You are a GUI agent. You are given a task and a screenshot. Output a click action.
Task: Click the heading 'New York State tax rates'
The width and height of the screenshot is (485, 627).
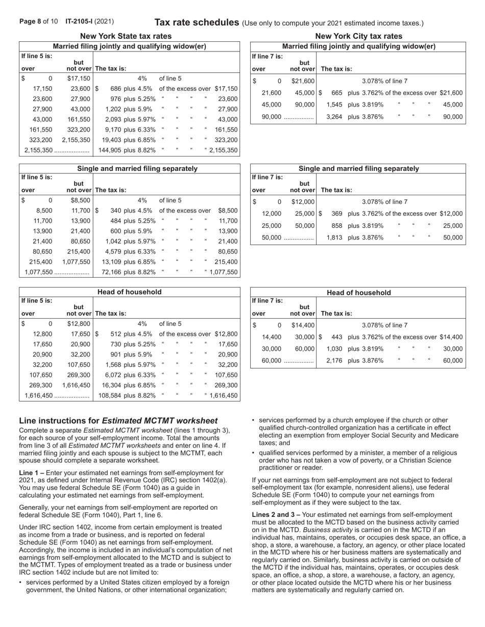point(126,36)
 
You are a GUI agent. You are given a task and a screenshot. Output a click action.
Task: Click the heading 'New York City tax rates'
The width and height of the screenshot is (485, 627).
point(358,36)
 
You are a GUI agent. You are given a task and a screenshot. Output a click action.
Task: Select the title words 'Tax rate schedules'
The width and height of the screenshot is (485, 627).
point(197,22)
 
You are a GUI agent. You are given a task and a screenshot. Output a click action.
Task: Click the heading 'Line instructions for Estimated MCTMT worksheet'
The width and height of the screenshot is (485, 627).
point(118,421)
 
